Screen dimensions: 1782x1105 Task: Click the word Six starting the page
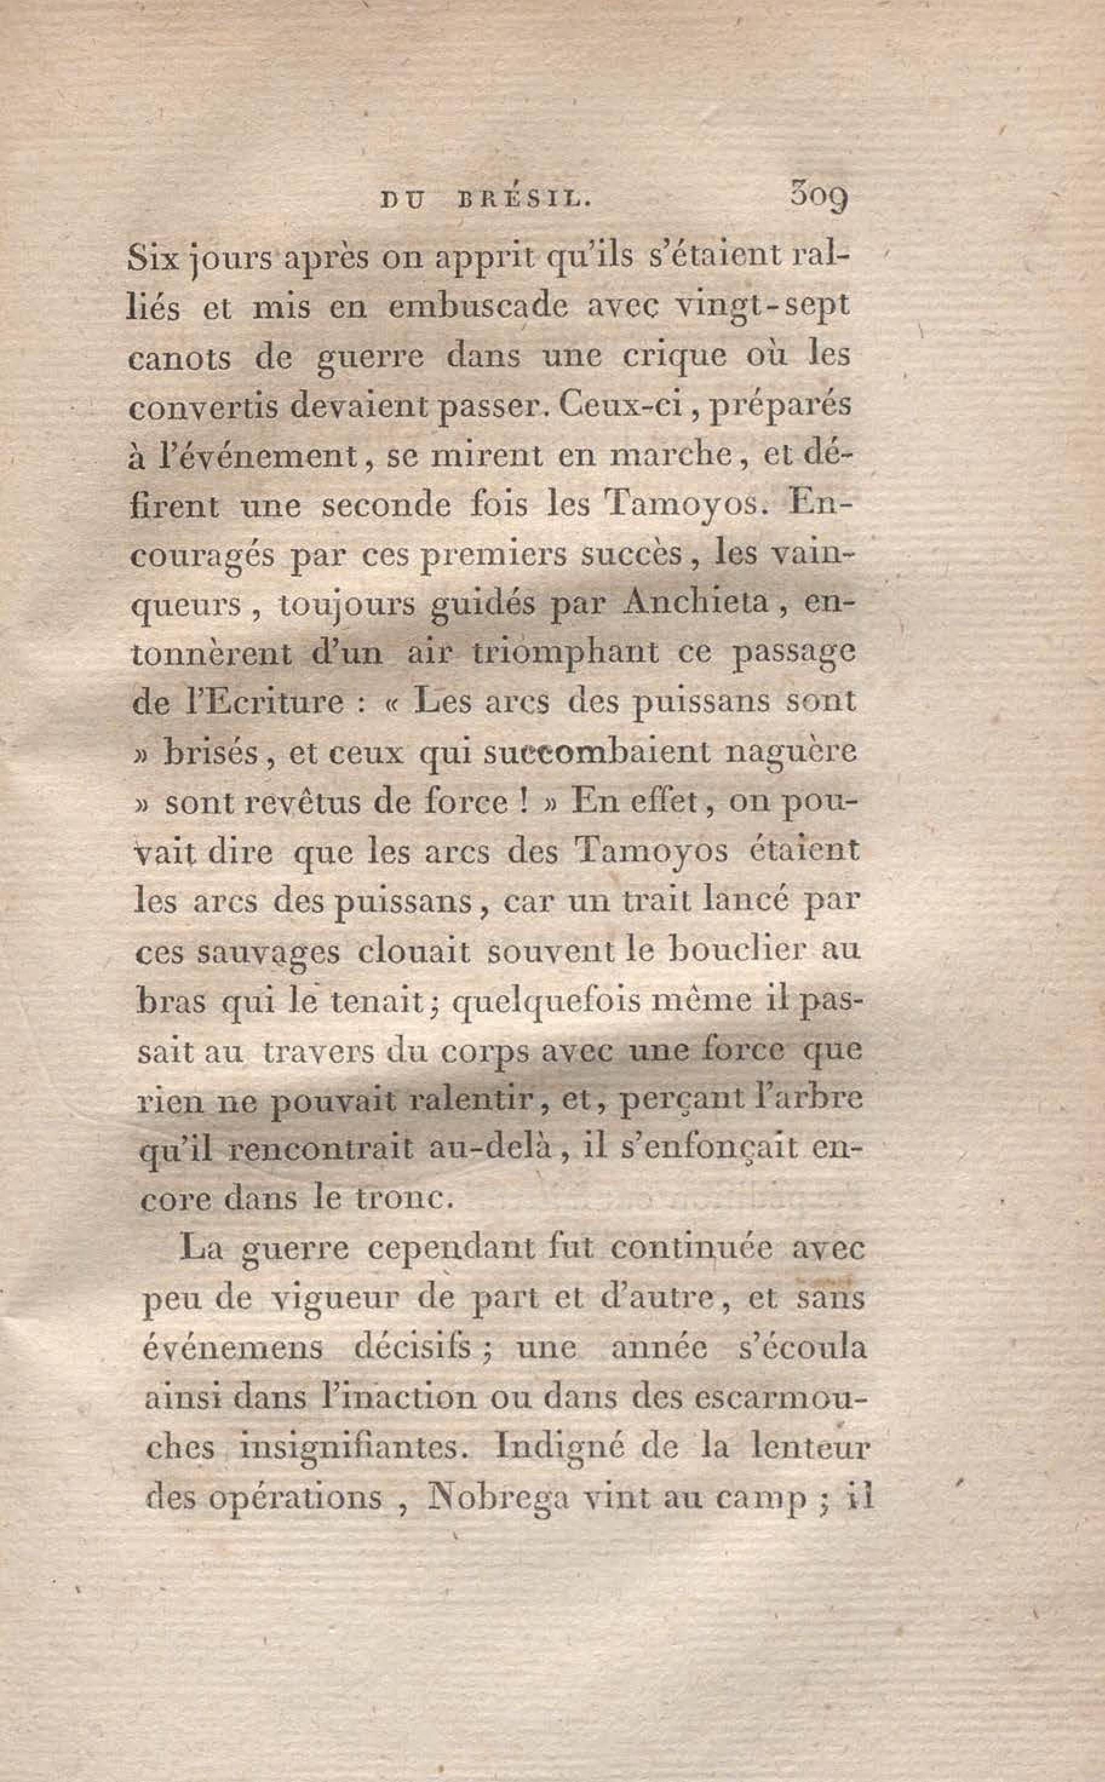tap(153, 258)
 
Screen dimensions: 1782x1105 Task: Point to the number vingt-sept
tap(762, 307)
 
